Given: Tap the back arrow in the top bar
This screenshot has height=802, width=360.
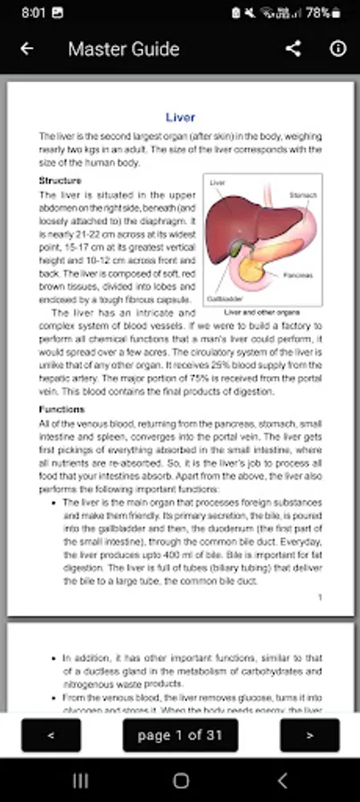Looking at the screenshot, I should [x=27, y=49].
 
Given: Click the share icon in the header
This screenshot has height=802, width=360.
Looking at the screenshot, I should [x=293, y=49].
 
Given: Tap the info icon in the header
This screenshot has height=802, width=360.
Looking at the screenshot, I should [x=338, y=49].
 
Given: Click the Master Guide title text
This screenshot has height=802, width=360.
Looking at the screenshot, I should [x=123, y=49].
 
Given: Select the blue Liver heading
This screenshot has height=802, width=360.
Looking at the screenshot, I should [x=180, y=117].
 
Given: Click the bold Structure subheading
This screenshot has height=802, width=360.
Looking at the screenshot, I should [x=61, y=181].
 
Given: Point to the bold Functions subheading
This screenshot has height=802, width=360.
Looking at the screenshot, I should [x=61, y=409].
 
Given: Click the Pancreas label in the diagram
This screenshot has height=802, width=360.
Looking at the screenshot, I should [x=299, y=275].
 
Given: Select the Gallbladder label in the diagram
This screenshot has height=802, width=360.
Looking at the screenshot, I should [x=220, y=299].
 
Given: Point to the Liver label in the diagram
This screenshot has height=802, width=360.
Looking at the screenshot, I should [x=217, y=183].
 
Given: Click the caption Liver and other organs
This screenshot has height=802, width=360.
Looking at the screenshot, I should [x=262, y=313].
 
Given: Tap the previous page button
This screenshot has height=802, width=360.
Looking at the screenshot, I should [x=51, y=735].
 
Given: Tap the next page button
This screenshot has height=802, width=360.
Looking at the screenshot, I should [x=309, y=735].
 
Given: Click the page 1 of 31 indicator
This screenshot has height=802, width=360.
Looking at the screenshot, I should [x=180, y=735].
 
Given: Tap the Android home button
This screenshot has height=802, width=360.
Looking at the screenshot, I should [x=181, y=781].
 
